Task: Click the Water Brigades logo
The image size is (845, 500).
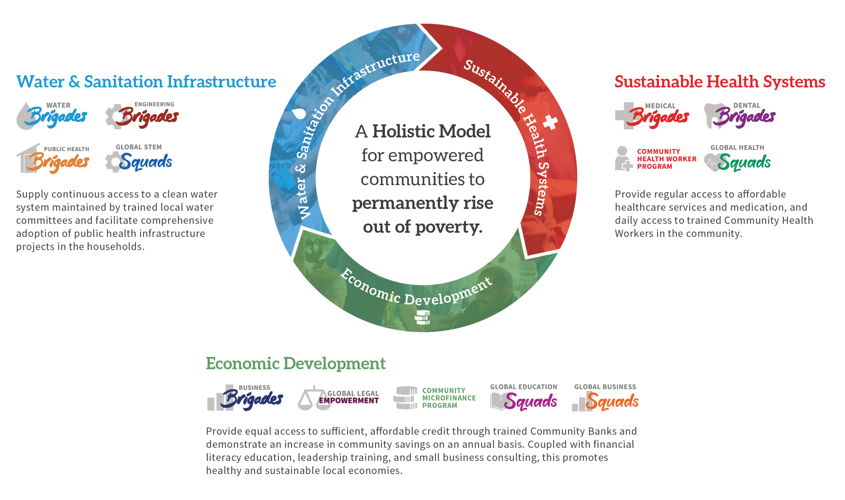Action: [x=52, y=116]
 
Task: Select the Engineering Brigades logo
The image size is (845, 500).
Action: [x=142, y=115]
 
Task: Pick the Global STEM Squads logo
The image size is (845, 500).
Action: [x=139, y=158]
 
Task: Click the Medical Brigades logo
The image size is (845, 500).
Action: [x=652, y=116]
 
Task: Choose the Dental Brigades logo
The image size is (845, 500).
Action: [x=740, y=116]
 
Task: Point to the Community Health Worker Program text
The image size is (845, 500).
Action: [x=667, y=159]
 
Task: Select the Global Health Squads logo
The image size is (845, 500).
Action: [x=738, y=158]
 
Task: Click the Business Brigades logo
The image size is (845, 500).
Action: [x=245, y=398]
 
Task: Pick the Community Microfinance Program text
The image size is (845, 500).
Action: [x=449, y=398]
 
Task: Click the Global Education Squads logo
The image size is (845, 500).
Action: [x=524, y=397]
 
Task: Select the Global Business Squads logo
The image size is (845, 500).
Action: [x=605, y=397]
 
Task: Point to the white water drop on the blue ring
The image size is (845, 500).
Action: [x=298, y=113]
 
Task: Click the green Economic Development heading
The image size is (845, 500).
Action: [x=296, y=363]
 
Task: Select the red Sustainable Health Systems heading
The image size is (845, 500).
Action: [x=720, y=82]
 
